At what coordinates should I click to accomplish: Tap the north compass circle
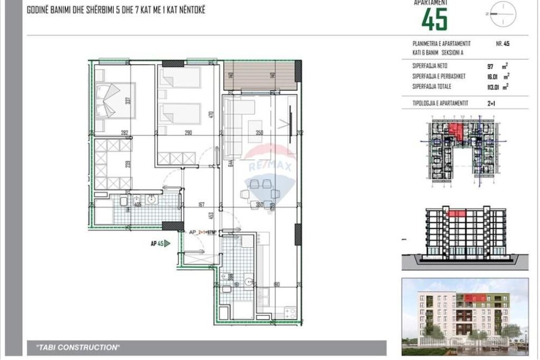503,14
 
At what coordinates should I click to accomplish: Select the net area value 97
491,67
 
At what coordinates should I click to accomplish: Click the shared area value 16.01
493,77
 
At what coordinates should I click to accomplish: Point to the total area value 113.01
494,86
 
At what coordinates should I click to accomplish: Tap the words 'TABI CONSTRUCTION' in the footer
77,347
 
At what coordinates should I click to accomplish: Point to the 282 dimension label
124,133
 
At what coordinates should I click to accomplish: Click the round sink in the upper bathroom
152,200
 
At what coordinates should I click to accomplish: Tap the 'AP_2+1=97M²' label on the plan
204,232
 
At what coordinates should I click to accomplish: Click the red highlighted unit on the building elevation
456,213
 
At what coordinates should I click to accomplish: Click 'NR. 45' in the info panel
502,44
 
